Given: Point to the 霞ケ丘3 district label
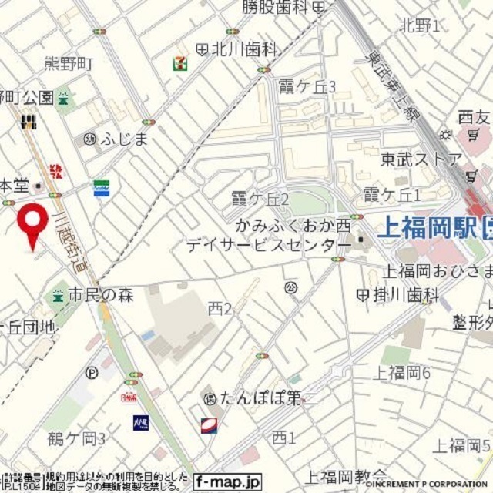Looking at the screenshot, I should pyautogui.click(x=307, y=86).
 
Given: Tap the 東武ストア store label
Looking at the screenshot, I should pyautogui.click(x=421, y=159).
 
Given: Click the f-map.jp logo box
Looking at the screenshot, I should pyautogui.click(x=228, y=481).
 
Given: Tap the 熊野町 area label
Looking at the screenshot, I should pyautogui.click(x=68, y=62).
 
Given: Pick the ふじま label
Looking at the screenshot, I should pyautogui.click(x=123, y=139).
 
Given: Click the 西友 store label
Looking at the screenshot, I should pyautogui.click(x=473, y=117).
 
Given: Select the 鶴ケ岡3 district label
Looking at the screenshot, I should pyautogui.click(x=76, y=439).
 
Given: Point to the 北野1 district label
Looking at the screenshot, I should pyautogui.click(x=420, y=25).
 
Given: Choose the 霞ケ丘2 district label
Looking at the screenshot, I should pyautogui.click(x=260, y=200).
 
